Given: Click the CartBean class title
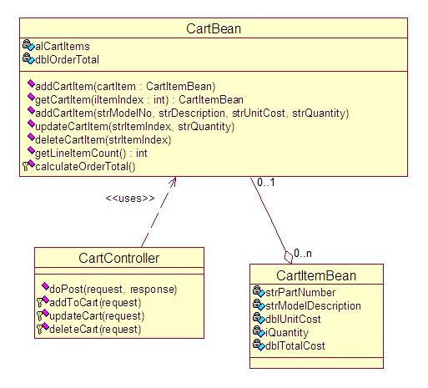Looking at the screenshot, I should (214, 30).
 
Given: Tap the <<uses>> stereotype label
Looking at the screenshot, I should (130, 198).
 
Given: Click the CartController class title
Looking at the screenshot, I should (119, 258).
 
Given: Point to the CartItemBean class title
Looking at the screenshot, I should (316, 276).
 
